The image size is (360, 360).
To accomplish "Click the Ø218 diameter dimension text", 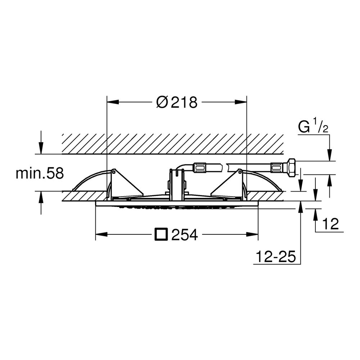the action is tap(176, 102).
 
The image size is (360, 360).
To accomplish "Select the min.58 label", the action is tap(40, 174).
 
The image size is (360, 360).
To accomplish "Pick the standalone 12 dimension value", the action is tap(330, 224).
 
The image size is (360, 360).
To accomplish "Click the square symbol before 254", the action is tap(161, 234).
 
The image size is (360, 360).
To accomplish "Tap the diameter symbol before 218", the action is tap(163, 102).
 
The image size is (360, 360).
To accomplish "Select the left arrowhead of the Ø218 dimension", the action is tap(113, 102).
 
